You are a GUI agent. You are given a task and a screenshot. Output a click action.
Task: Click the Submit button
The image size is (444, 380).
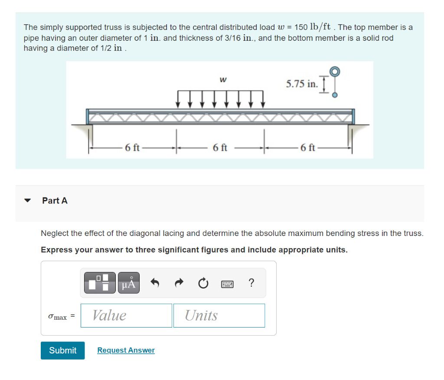coord(63,351)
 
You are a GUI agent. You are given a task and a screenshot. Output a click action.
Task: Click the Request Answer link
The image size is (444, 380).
coord(126,351)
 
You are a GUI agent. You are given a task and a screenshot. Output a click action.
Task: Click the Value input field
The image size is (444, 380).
coord(126,315)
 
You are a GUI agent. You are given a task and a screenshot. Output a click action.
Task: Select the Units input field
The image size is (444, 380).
coord(219,315)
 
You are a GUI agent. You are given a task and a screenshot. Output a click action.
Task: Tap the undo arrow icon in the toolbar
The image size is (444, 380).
coord(155,283)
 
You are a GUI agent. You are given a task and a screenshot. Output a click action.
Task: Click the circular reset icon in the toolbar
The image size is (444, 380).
coord(202,283)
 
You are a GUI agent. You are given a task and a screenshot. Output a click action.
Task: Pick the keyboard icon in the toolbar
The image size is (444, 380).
coord(227,284)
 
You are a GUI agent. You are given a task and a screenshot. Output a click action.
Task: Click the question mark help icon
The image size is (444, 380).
coord(251,283)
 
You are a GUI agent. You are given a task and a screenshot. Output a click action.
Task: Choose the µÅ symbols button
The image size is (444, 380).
coord(128,283)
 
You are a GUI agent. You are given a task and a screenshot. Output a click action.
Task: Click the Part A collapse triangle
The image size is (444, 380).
coord(28,201)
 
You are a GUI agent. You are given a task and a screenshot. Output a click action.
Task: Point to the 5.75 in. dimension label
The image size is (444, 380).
coord(301,84)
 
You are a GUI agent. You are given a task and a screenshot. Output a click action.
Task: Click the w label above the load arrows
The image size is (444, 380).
coord(222,79)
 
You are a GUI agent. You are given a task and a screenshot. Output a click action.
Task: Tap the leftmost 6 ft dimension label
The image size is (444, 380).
coord(132,147)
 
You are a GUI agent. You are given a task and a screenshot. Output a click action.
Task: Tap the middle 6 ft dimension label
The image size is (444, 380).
coord(220,147)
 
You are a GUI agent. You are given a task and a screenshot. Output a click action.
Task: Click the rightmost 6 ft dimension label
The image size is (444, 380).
coord(308,147)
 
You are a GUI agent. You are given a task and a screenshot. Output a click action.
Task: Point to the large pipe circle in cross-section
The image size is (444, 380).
coord(334,71)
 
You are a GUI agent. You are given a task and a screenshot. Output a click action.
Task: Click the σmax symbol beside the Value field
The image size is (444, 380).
coord(58,317)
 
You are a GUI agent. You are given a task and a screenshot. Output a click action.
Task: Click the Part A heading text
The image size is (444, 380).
coord(55,200)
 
